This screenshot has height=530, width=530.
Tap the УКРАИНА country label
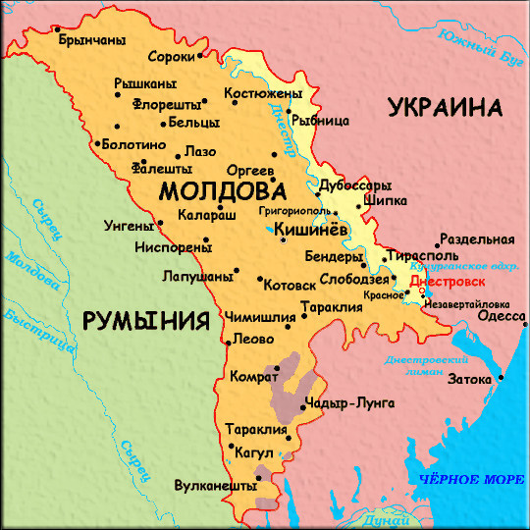pos(444,107)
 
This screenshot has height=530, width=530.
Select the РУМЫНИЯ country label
pos(147,321)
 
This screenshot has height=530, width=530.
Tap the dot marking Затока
pos(501,378)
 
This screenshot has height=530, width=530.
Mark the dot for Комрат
pos(277,369)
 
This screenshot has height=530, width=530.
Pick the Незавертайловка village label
pos(471,304)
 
